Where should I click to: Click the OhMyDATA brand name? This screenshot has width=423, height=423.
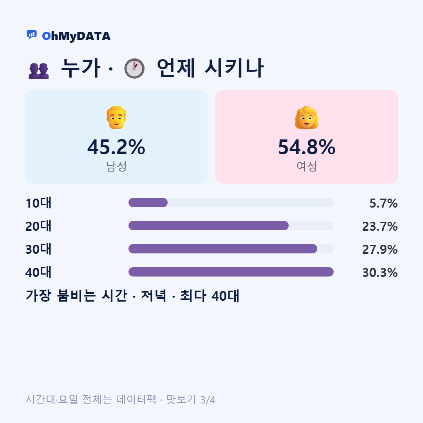click(76, 36)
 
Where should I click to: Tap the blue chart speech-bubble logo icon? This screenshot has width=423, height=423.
click(32, 34)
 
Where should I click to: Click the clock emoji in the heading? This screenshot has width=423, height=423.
click(134, 68)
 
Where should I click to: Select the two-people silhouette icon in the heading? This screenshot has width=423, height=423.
click(38, 70)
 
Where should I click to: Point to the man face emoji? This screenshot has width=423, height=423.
click(116, 117)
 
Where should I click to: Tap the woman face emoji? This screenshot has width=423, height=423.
click(306, 117)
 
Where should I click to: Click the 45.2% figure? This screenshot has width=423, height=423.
click(116, 147)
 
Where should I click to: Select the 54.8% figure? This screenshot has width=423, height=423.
click(307, 147)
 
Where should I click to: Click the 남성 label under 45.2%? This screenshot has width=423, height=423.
click(116, 166)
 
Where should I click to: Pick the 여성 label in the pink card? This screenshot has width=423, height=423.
click(307, 166)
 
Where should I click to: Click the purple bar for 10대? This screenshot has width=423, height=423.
click(148, 202)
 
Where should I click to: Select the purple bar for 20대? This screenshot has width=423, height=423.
click(208, 226)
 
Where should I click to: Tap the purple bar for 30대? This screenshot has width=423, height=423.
click(223, 249)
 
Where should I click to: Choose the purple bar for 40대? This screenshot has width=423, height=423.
click(231, 272)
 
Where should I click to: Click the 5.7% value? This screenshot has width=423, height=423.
click(383, 203)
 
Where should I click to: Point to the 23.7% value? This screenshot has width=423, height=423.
click(380, 226)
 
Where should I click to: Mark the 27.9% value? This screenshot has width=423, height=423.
click(380, 249)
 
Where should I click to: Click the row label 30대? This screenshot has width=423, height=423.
click(38, 249)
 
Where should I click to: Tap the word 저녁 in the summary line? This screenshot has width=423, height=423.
click(154, 296)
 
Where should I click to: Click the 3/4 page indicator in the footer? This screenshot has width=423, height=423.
click(208, 400)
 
